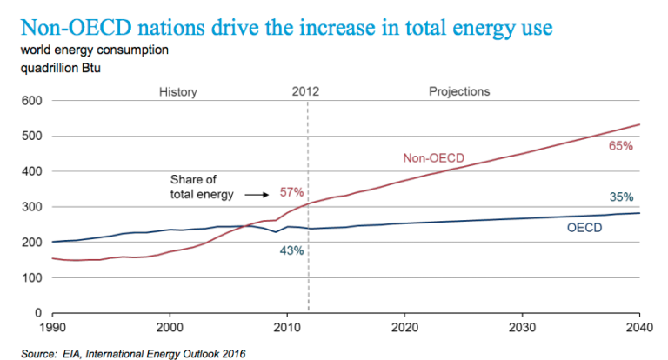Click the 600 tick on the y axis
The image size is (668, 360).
click(32, 101)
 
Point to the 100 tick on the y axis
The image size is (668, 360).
click(32, 277)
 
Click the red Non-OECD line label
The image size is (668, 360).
click(433, 158)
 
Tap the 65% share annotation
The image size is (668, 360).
click(620, 146)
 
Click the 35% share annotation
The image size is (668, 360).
click(620, 197)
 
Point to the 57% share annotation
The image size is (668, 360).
click(291, 191)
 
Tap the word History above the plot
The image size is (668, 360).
click(177, 91)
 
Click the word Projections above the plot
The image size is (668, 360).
click(459, 91)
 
